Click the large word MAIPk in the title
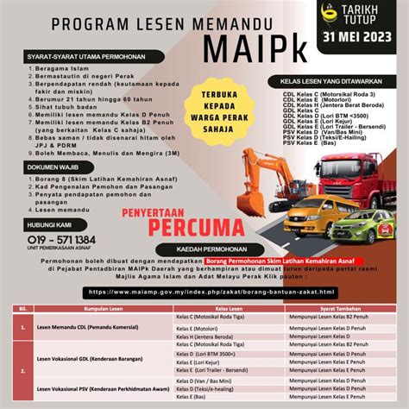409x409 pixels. [x=204, y=41]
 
